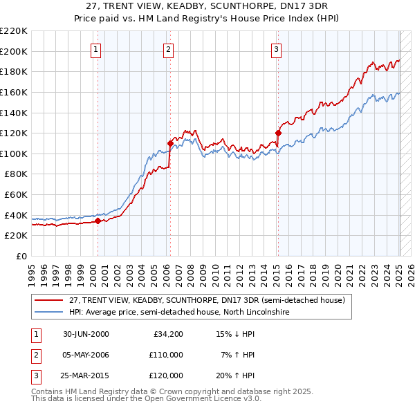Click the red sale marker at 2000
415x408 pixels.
[98, 221]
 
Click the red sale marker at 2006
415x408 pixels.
[170, 143]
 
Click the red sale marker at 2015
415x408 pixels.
[278, 133]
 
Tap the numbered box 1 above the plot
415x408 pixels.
[95, 49]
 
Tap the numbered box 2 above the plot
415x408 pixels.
[168, 49]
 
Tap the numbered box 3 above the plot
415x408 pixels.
[276, 49]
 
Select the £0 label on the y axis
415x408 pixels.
[21, 256]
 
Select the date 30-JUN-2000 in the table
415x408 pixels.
[86, 333]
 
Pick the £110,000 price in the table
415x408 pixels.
[167, 355]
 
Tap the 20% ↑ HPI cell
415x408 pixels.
[236, 375]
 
